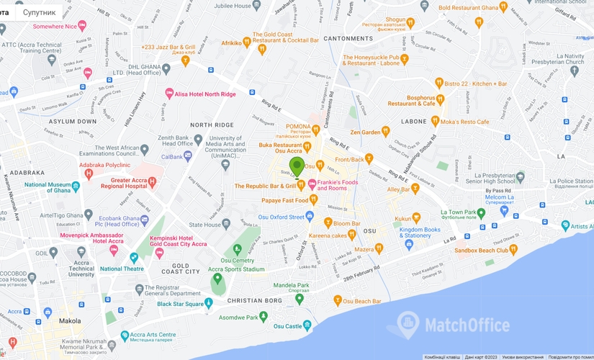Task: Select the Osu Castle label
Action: pos(288,326)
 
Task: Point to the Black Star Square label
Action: pos(180,304)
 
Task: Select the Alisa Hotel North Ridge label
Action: pos(206,93)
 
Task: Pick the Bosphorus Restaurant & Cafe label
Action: pos(411,100)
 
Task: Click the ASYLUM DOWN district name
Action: pos(72,121)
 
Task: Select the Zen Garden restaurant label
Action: pos(365,132)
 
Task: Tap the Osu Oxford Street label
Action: pos(278,217)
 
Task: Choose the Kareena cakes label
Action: pos(329,235)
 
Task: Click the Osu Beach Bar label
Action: pos(364,300)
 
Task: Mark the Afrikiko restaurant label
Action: pos(231,43)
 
